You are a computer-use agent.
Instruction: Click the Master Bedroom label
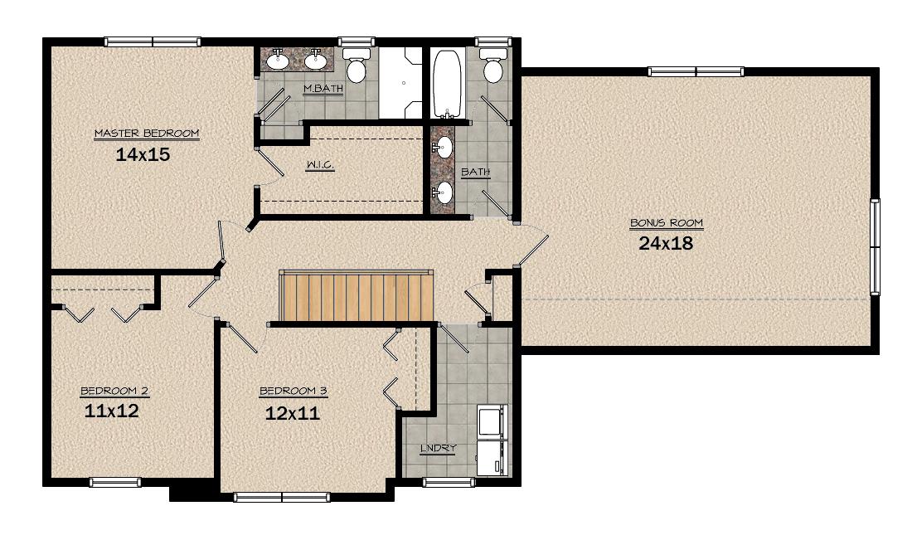point(147,134)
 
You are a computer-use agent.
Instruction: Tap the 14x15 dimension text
point(143,154)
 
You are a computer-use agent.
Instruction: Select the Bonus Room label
point(666,223)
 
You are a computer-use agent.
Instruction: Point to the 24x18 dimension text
point(666,243)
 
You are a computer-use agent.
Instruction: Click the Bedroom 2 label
point(114,391)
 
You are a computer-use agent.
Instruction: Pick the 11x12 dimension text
point(112,411)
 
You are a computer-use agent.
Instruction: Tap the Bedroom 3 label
point(293,391)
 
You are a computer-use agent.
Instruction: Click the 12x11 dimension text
point(293,414)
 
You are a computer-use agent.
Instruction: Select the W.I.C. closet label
point(320,165)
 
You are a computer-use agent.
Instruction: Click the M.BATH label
point(323,89)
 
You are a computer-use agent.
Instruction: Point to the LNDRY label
point(439,448)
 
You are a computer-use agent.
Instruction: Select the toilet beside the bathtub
point(493,65)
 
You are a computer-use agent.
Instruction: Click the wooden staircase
point(357,296)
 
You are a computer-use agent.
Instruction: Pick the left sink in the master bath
point(277,59)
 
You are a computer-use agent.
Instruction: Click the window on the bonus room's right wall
point(875,247)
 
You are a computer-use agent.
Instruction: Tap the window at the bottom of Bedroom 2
point(115,482)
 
